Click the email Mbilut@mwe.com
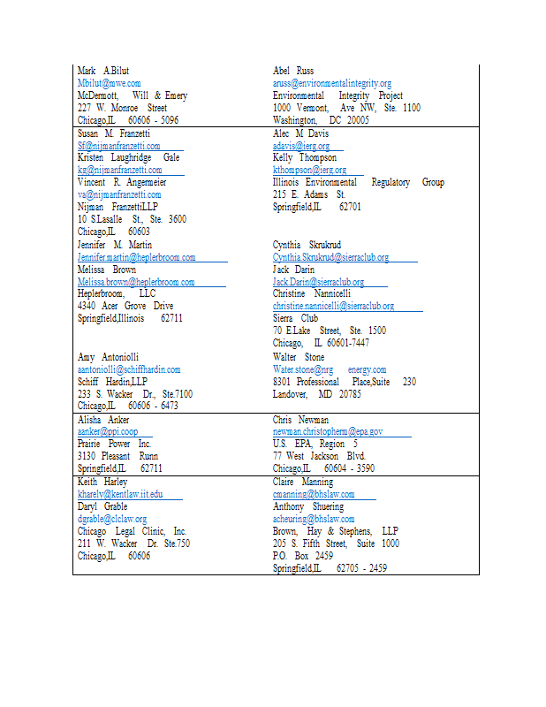point(109,83)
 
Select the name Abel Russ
point(293,71)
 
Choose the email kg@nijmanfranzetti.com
point(119,170)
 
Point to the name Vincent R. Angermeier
point(122,182)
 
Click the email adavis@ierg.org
point(301,146)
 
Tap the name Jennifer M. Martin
point(115,245)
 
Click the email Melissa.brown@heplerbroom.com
point(136,282)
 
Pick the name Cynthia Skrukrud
point(307,245)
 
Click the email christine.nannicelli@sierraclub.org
point(333,306)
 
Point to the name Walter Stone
point(299,357)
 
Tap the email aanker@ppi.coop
point(107,431)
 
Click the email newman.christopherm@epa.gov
point(327,431)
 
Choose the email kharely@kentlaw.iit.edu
point(119,494)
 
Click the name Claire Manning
point(303,483)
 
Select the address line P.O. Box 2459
point(303,556)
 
